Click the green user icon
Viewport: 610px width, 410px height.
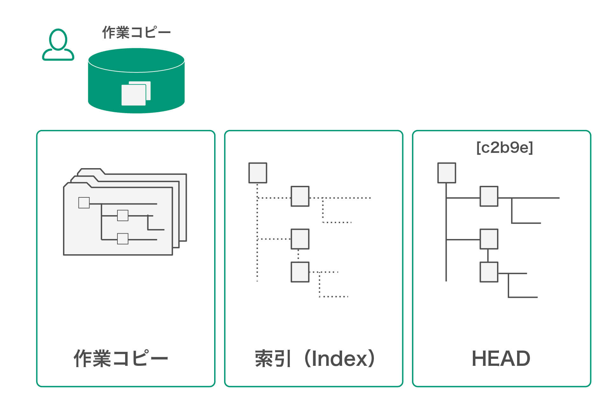click(58, 44)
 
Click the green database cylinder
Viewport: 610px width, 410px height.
click(136, 81)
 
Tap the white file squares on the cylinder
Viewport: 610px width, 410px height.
click(136, 93)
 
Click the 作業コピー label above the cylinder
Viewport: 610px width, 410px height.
click(136, 32)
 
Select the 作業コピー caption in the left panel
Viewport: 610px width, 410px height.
click(121, 359)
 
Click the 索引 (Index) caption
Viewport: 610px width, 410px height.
click(315, 359)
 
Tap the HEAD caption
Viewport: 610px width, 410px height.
click(501, 359)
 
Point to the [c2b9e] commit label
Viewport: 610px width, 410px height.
click(505, 147)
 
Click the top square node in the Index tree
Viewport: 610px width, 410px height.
click(258, 173)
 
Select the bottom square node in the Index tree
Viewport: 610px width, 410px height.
click(300, 272)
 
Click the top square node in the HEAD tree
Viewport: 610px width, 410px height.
click(447, 173)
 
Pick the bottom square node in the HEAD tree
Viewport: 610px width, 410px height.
click(489, 272)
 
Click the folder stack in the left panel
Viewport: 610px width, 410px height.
click(125, 212)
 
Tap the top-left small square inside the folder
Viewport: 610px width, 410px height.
click(84, 203)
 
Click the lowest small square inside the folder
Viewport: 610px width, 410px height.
click(123, 239)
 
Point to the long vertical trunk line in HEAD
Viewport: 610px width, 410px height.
click(446, 232)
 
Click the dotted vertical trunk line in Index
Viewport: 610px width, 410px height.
click(257, 232)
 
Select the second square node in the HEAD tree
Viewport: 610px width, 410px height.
click(489, 196)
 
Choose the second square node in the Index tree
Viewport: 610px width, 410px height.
click(300, 196)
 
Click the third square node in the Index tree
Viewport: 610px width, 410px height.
click(300, 239)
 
